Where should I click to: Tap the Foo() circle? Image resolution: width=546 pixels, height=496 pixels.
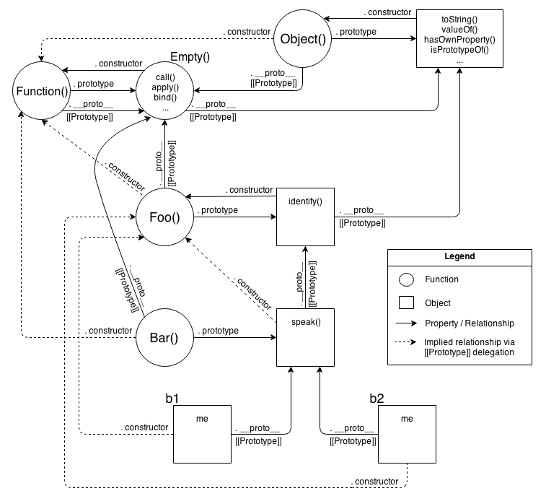click(165, 216)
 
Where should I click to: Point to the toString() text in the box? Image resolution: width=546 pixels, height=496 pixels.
click(460, 17)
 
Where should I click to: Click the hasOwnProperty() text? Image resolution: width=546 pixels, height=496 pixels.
click(460, 39)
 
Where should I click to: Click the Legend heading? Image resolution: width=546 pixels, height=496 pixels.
click(459, 257)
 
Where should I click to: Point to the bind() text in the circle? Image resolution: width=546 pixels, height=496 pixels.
click(165, 97)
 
